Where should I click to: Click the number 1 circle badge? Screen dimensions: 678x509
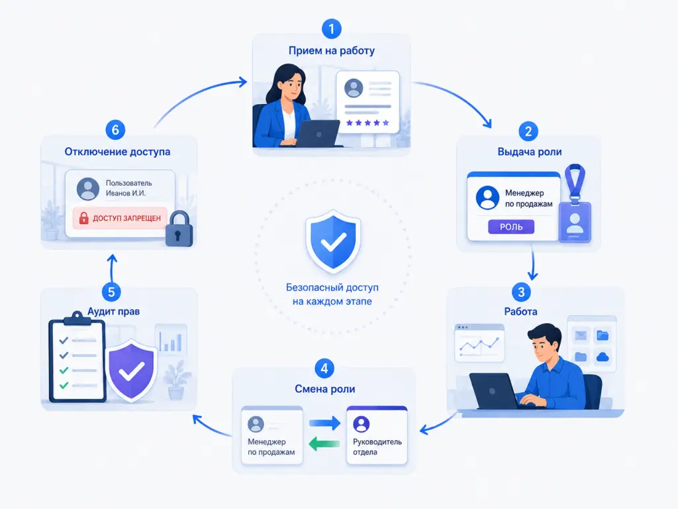[x=332, y=28]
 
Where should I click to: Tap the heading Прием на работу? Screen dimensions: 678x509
[x=332, y=50]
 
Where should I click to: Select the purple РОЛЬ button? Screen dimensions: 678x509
[x=511, y=227]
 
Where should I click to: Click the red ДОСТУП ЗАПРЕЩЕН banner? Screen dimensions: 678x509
[x=120, y=217]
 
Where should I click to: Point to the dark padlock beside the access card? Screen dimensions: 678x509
[x=179, y=229]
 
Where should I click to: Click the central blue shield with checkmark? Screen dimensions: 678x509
[x=333, y=241]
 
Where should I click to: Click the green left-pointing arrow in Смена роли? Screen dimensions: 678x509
[x=324, y=443]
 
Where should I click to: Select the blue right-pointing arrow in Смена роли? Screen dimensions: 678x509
[x=324, y=423]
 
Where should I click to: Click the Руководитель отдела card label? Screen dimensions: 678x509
[x=377, y=447]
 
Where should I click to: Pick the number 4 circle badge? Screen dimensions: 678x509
[x=324, y=368]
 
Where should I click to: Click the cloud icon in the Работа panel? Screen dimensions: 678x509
[x=603, y=357]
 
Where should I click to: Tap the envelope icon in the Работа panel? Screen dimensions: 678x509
[x=580, y=335]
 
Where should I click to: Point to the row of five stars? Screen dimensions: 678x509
[x=367, y=123]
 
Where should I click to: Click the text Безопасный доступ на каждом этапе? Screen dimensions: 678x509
[x=332, y=294]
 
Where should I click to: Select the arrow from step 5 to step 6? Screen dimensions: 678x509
[x=112, y=268]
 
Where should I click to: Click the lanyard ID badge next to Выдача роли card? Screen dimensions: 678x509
[x=575, y=203]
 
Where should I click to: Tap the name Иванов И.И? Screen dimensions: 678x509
[x=126, y=193]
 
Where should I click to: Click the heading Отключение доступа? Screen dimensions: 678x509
[x=117, y=152]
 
